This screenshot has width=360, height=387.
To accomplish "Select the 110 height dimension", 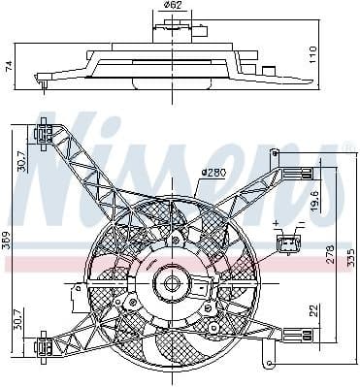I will [312, 54].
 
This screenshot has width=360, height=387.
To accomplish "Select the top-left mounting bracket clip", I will [44, 134].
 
